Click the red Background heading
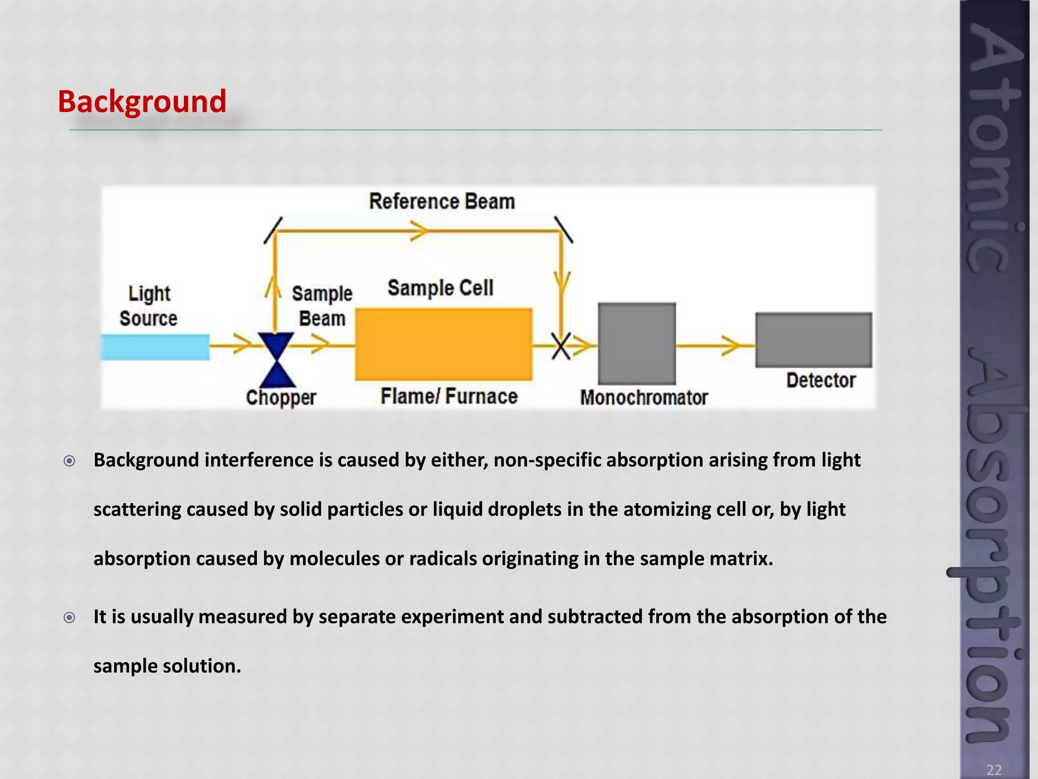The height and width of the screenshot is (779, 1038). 142,101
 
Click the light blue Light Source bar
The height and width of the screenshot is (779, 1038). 155,347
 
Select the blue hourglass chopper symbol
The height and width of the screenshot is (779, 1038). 276,359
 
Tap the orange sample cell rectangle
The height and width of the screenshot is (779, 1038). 443,344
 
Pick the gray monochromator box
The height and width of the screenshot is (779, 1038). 637,343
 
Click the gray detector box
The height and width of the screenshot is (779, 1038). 813,339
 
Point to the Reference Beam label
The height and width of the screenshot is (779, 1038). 442,201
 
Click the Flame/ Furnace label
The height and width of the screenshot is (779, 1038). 449,396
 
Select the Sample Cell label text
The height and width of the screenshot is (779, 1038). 440,288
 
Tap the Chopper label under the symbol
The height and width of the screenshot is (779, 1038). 281,397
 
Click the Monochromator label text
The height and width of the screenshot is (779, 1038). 644,397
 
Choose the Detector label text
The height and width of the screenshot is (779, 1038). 821,380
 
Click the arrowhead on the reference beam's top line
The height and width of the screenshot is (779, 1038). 420,231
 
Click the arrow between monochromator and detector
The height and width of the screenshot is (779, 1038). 730,345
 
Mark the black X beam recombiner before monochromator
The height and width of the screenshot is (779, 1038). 561,346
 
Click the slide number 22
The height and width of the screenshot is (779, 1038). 994,770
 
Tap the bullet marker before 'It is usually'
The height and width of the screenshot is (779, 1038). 69,617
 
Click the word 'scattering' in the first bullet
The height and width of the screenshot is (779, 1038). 137,509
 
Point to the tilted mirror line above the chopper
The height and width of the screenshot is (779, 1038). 273,230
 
